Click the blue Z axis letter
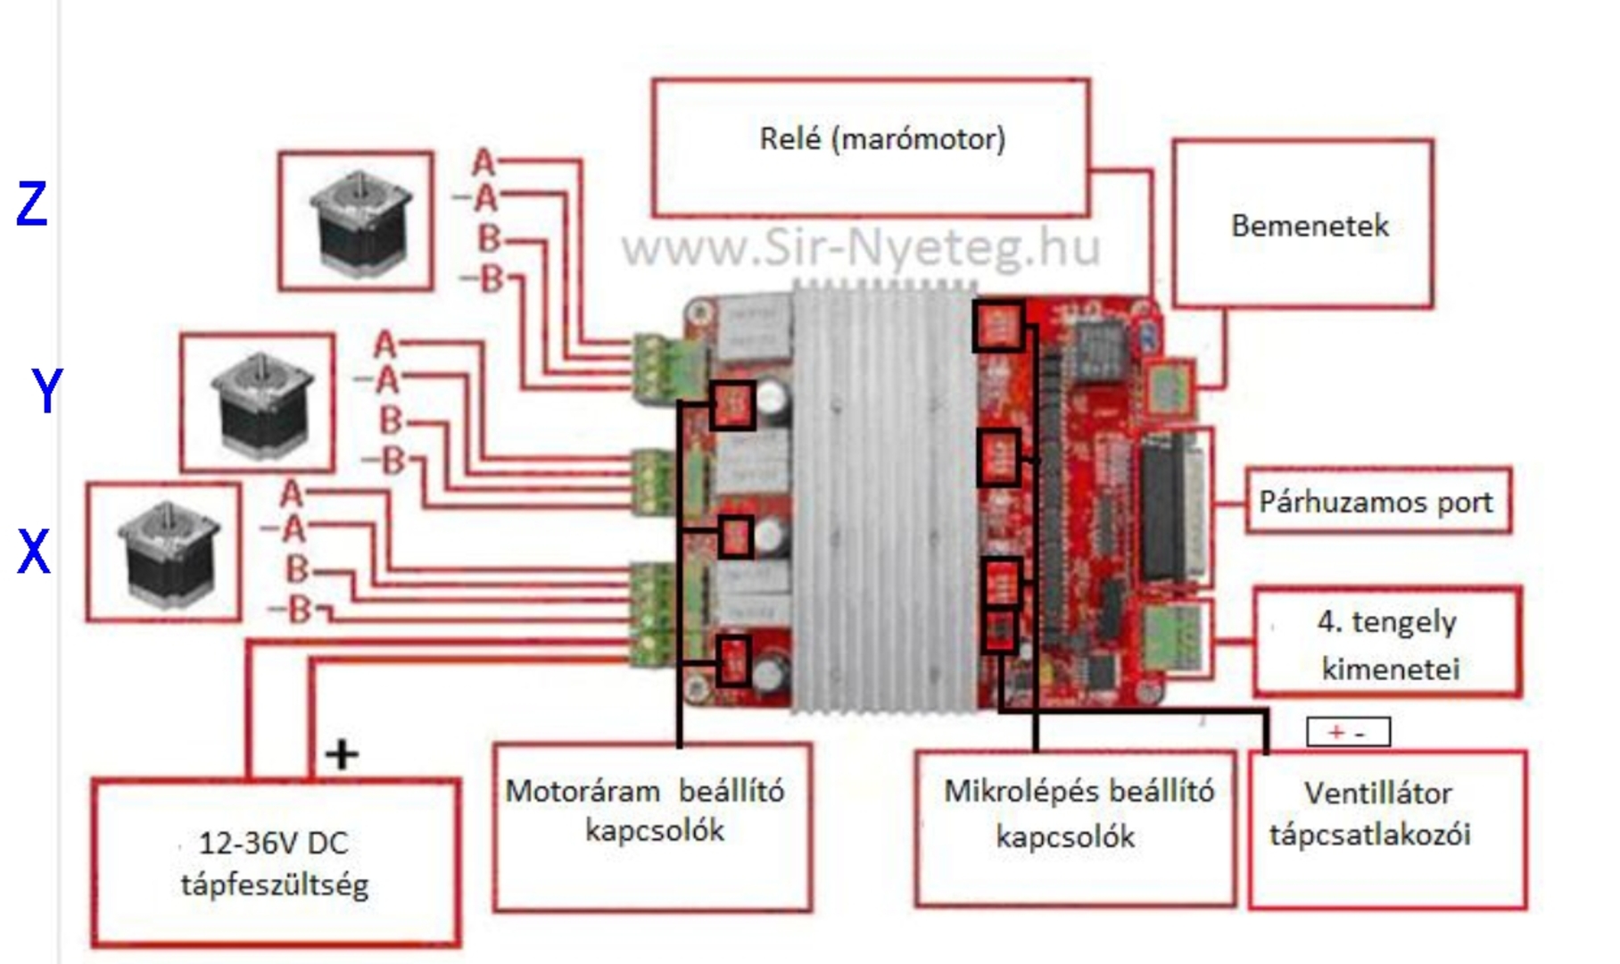point(32,204)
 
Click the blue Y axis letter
point(47,390)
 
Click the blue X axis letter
point(34,552)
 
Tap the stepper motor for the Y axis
point(260,403)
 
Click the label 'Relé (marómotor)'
point(881,139)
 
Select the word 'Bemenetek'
point(1310,226)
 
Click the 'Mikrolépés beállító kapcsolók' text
point(1077,813)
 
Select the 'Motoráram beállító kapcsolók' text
point(647,810)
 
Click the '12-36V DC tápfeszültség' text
point(275,863)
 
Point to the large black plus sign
point(342,755)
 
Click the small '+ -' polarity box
point(1347,733)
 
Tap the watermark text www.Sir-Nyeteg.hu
point(860,247)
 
